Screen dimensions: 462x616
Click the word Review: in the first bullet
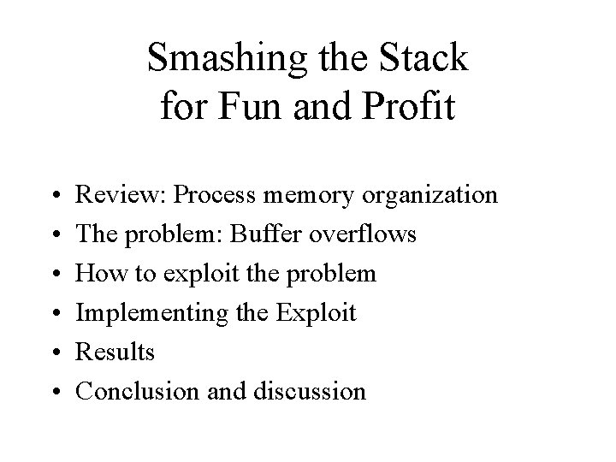[120, 196]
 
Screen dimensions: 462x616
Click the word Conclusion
[139, 392]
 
